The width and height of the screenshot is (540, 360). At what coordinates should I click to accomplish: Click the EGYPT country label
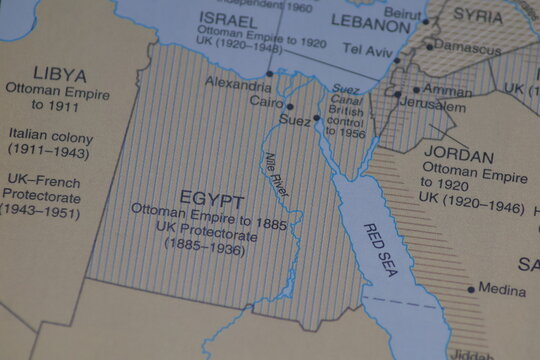pos(211,196)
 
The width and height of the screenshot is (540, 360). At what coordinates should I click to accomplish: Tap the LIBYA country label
pos(59,75)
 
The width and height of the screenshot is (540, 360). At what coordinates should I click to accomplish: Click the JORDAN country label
pos(458,157)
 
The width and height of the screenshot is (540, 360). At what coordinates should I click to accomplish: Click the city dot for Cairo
pos(290,106)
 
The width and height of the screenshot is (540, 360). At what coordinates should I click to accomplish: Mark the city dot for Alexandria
pos(269,73)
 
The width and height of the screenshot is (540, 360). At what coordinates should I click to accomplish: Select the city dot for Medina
pos(471,289)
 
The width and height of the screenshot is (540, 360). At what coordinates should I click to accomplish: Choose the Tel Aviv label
pos(364,48)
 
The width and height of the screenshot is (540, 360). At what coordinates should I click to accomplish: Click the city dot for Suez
pos(316,118)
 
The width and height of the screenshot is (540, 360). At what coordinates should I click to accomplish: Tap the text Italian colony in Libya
pos(49,133)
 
